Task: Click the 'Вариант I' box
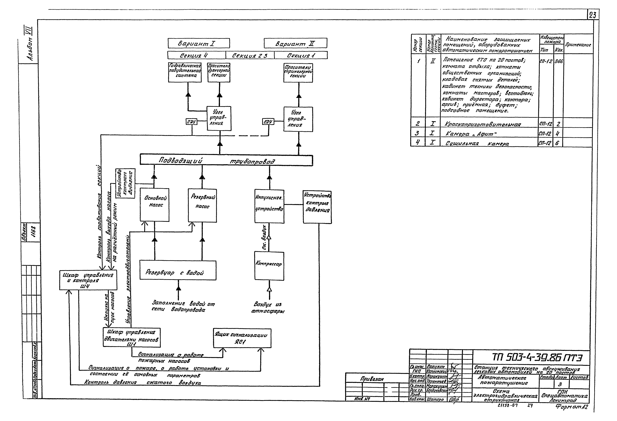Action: [x=199, y=43]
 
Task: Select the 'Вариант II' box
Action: [x=295, y=43]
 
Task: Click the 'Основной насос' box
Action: [x=155, y=205]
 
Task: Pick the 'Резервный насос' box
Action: [x=202, y=206]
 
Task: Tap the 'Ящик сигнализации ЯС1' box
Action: [x=242, y=338]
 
